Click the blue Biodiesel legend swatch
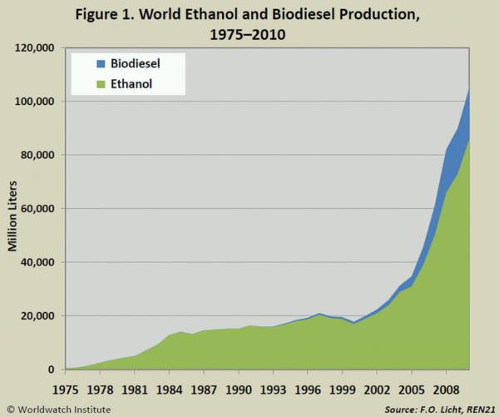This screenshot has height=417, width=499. tap(101, 64)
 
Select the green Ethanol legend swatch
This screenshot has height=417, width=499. tap(101, 84)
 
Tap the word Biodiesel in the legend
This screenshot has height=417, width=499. tap(136, 64)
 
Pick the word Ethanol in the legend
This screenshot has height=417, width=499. tap(131, 84)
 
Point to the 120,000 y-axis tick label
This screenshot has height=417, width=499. tap(34, 47)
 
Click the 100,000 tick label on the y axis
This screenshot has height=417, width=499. tap(34, 102)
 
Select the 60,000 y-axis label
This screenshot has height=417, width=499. tap(37, 209)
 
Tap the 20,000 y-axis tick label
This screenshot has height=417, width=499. tap(37, 316)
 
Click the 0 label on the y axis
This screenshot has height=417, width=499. tap(51, 370)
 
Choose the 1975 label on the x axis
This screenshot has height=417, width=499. tap(65, 390)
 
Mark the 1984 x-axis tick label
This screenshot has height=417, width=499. tap(170, 390)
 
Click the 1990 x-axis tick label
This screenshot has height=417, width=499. tap(239, 390)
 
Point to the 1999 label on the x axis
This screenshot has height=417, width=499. tap(343, 390)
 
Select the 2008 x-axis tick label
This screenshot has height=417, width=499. tap(447, 390)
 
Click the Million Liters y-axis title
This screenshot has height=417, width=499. tap(12, 216)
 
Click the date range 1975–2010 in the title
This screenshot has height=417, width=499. tap(248, 34)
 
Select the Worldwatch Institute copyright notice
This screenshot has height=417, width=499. tap(59, 410)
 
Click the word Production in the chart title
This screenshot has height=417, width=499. tap(379, 15)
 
